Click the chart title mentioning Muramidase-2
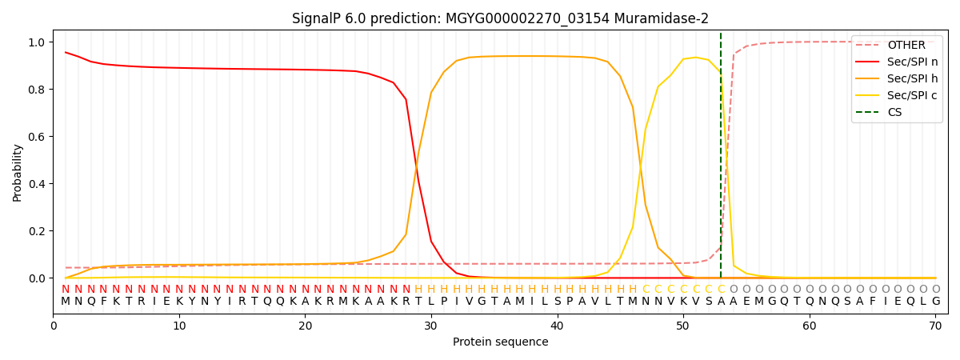coord(500,18)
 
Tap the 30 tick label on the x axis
coord(430,326)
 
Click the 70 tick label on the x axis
coord(935,326)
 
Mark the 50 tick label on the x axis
coord(682,326)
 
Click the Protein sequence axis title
coord(500,342)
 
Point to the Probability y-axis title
coord(18,172)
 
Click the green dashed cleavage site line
coord(721,160)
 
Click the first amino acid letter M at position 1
coord(66,302)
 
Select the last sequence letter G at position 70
coord(935,302)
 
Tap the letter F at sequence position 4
coord(103,302)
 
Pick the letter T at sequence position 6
coord(129,302)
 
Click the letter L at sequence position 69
coord(923,302)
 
